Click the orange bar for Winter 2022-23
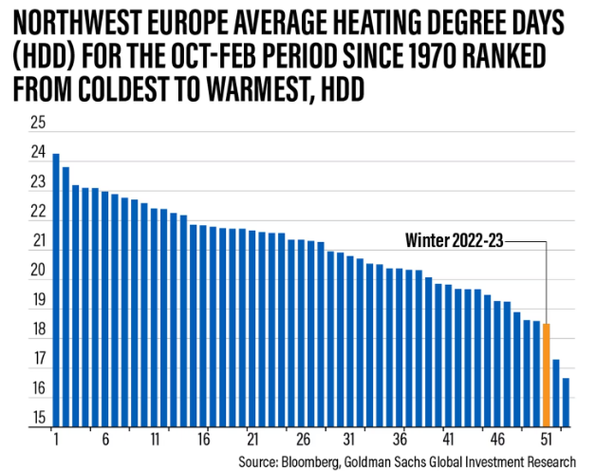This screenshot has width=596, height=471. point(547,375)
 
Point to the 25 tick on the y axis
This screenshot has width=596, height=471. point(38,122)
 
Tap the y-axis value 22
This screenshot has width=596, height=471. point(38,211)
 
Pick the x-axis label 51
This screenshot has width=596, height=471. point(547,441)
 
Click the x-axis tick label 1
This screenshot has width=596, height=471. point(56,441)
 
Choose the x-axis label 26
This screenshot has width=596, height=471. point(302,441)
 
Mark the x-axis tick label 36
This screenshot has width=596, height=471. point(400,441)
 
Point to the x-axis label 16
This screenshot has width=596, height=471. point(203,441)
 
